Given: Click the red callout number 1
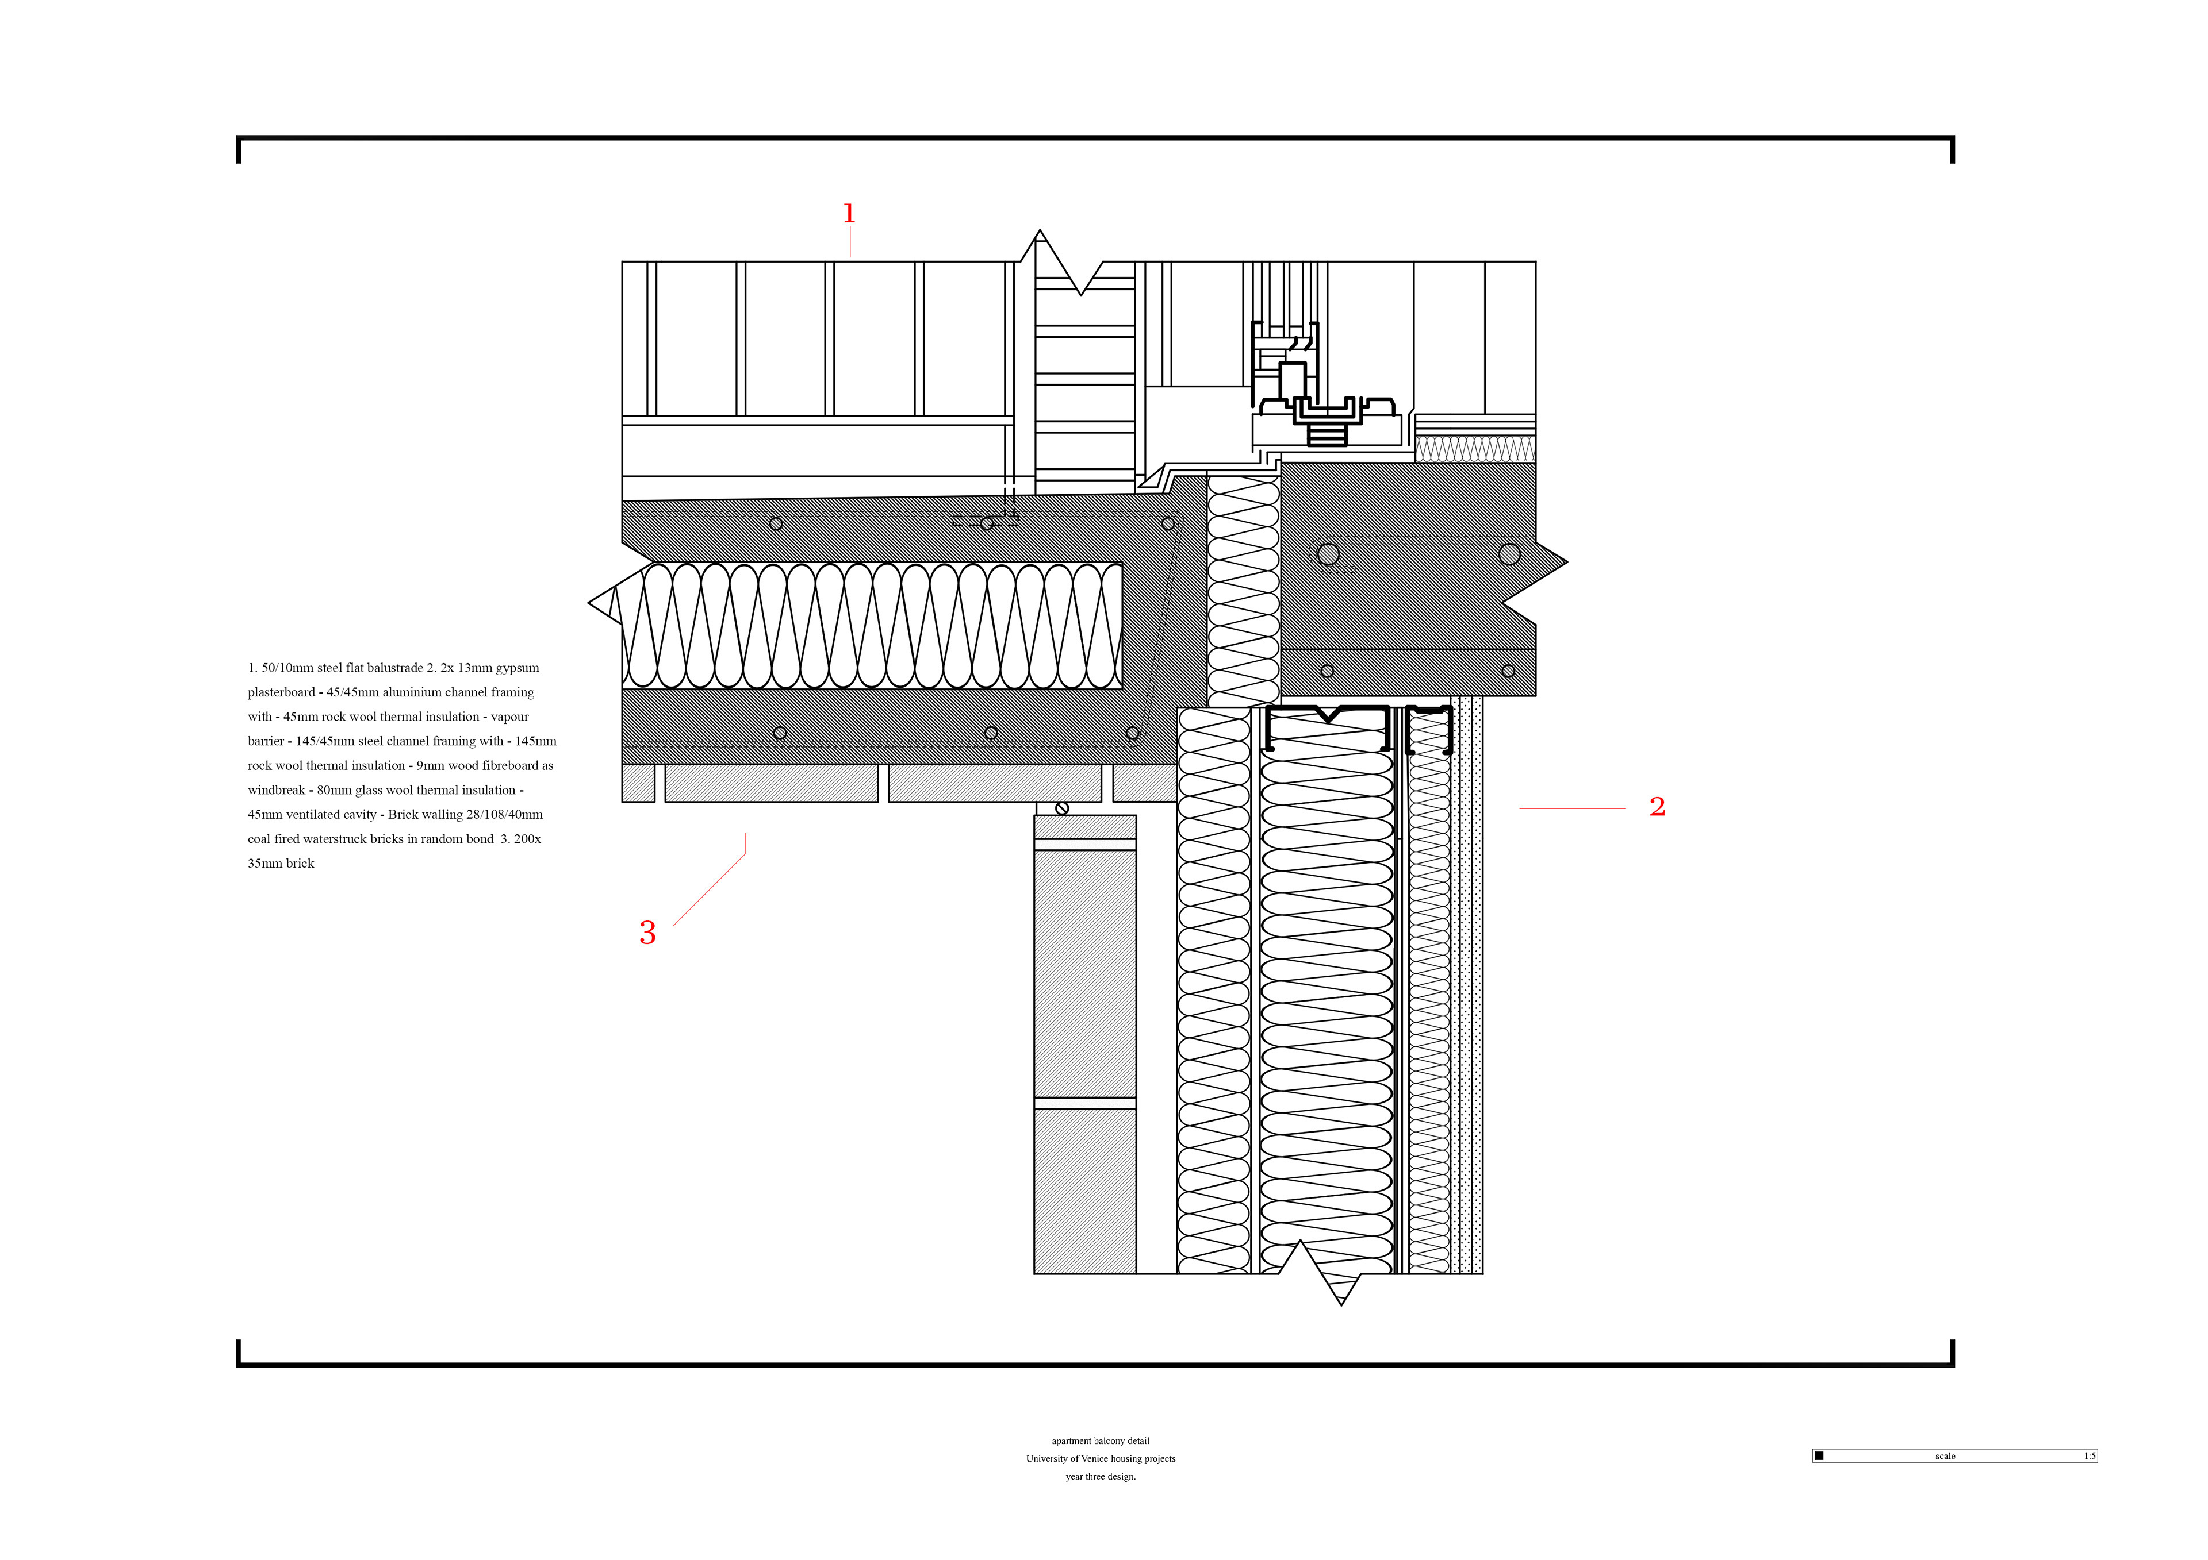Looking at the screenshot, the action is pos(849,213).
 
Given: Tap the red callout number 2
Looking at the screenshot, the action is pos(1657,807).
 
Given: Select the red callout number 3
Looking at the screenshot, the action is pos(647,933).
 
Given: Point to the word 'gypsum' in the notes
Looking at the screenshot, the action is pos(517,668).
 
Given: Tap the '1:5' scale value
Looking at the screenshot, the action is pos(2090,1456).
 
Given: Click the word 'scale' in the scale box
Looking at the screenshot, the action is pos(1945,1456).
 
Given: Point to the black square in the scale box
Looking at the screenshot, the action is pos(1819,1456).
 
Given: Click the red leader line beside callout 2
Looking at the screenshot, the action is pos(1571,810).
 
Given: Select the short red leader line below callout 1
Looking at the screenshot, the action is pos(850,243).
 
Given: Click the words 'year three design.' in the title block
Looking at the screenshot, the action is pos(1100,1476).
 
